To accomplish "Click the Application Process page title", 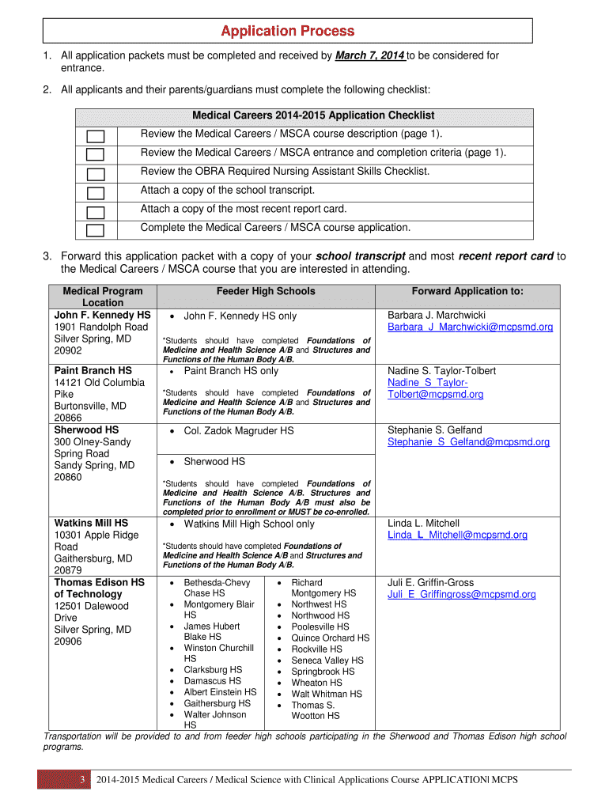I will (x=288, y=31).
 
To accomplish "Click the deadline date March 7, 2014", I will (x=370, y=55).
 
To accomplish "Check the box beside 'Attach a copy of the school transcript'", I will (x=96, y=193).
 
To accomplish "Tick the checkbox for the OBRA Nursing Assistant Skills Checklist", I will (x=96, y=174).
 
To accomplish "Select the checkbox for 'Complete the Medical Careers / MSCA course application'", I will (x=96, y=231).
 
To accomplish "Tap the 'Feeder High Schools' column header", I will (x=266, y=291).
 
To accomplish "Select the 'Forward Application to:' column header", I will (x=467, y=291).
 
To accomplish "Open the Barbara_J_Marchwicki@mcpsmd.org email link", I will (x=470, y=327).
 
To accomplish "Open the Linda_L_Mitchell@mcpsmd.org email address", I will (x=457, y=535).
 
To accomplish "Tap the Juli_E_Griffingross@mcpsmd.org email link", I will (x=461, y=594).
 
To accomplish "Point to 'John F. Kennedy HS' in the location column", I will (x=102, y=315).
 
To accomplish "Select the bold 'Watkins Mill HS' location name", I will (x=91, y=523).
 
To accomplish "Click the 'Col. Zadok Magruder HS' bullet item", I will (x=239, y=430).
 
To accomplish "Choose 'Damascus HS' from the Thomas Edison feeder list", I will (x=212, y=680).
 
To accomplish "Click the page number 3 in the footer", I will (x=81, y=781).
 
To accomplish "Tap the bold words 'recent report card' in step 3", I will (x=505, y=256).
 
